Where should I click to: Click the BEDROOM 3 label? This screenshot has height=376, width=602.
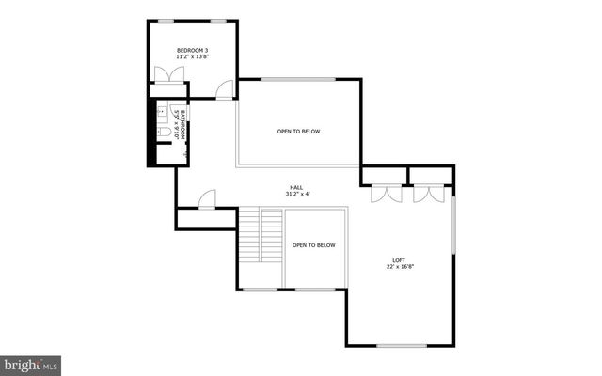[193, 50]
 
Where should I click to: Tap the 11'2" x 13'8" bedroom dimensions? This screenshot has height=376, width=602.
[193, 58]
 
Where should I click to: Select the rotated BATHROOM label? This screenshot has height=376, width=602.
[184, 124]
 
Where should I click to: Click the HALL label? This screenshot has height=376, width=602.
[297, 187]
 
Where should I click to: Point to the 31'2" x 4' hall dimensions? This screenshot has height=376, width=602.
[297, 195]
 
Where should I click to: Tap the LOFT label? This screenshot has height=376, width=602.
[400, 260]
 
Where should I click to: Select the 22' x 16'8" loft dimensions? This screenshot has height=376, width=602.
[400, 268]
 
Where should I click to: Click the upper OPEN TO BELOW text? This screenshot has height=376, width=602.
[298, 132]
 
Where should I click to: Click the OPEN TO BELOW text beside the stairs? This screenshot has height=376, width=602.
[313, 245]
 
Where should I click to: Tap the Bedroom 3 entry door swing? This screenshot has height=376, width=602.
[225, 89]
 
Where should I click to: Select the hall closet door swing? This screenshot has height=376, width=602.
[207, 199]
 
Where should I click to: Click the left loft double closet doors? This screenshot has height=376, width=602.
[385, 193]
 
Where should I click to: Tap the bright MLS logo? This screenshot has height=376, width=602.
[31, 362]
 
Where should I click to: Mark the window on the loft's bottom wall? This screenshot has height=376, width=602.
[400, 346]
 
